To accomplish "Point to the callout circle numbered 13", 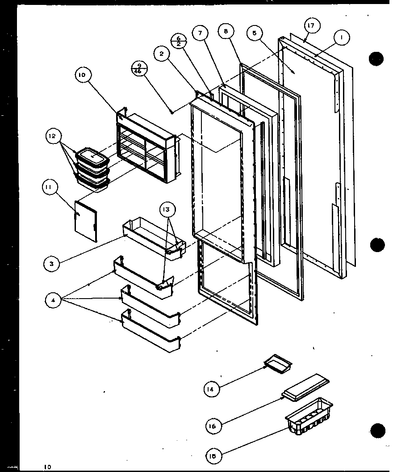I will [x=169, y=209].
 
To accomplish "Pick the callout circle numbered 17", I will [x=311, y=25].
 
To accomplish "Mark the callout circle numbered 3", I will [x=52, y=264].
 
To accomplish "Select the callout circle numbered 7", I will [x=200, y=33].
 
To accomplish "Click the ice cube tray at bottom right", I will [x=309, y=417].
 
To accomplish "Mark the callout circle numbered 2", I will [x=161, y=54].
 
